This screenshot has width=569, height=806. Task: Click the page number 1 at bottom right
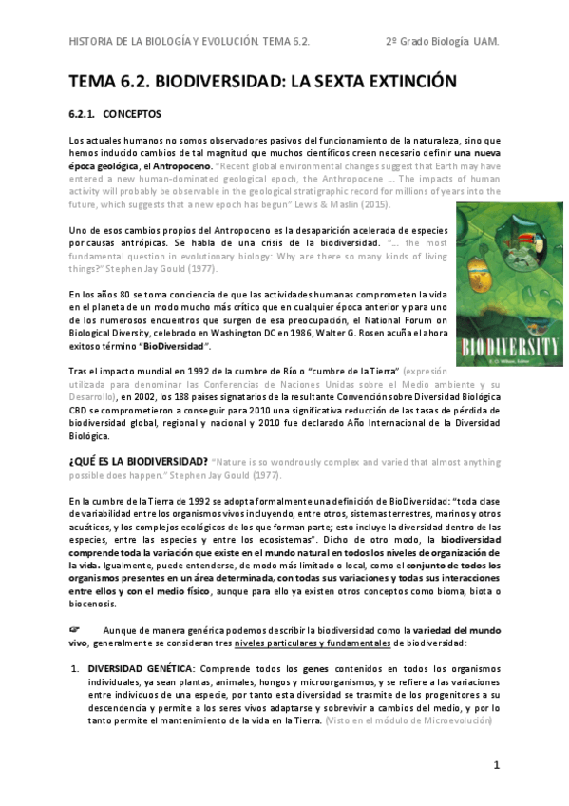[496, 765]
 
